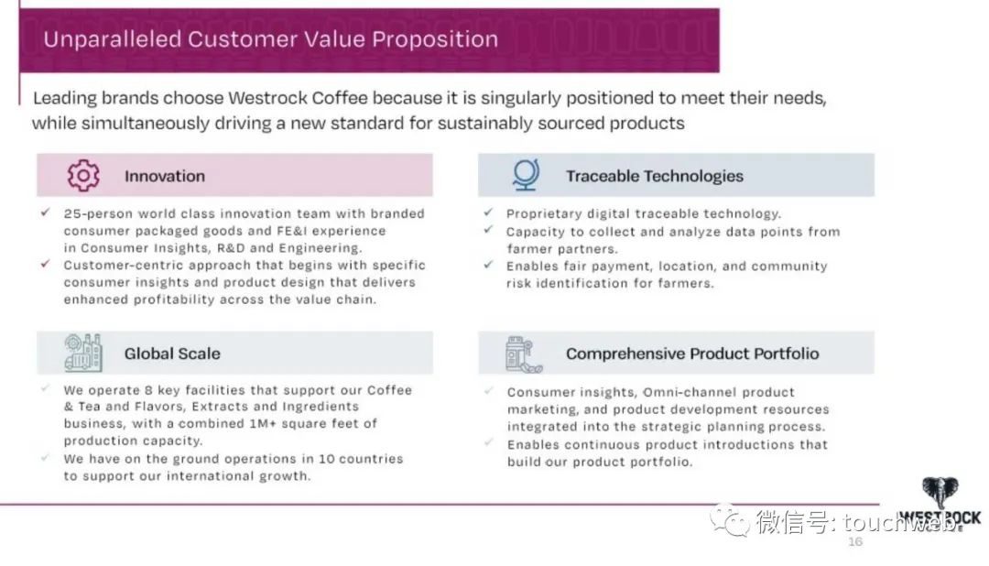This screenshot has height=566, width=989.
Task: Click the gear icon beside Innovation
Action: tap(83, 176)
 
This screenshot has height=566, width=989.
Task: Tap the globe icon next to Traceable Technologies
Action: tap(526, 175)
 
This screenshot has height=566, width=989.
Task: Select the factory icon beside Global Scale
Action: tap(82, 353)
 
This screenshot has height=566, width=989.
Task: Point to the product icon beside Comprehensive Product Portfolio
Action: tap(524, 354)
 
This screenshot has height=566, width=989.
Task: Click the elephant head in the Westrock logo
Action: tap(940, 492)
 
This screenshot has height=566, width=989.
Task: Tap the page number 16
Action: tap(855, 541)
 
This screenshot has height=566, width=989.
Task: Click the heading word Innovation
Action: tap(165, 176)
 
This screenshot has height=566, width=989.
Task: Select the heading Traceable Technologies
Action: tap(655, 176)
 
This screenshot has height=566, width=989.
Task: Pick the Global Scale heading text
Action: tap(172, 354)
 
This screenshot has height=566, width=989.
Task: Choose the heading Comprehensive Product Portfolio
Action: tap(692, 354)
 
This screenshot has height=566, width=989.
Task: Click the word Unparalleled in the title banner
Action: tap(113, 39)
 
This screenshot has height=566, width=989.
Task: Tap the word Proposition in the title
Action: tap(435, 39)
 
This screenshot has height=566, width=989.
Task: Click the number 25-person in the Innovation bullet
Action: tap(98, 214)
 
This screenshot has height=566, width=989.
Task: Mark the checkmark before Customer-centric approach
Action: tap(46, 264)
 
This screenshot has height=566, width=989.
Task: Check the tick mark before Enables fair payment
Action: tap(488, 265)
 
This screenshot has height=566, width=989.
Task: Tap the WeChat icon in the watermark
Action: tap(730, 520)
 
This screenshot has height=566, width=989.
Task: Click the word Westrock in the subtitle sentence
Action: tap(267, 98)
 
